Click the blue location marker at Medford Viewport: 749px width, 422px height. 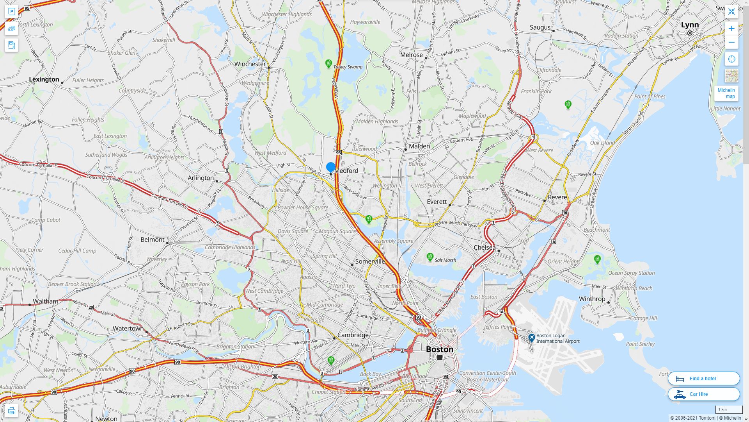point(331,167)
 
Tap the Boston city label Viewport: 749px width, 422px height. point(440,349)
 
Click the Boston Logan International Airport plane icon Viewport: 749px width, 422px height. point(531,337)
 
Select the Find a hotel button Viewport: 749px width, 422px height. point(703,378)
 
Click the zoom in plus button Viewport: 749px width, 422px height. point(731,29)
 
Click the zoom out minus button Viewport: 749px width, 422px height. point(731,42)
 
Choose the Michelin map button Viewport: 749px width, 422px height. point(726,93)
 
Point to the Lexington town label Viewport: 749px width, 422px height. point(44,80)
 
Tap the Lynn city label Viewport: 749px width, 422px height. point(690,25)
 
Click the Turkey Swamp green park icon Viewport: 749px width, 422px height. point(328,63)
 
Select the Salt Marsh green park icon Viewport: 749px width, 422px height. point(430,257)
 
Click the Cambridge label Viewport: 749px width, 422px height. point(353,335)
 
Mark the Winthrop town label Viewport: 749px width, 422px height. point(592,299)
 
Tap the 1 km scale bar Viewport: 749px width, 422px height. point(729,409)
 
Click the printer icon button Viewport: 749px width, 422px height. point(11,411)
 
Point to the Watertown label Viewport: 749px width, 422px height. point(128,329)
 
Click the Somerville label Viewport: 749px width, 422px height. point(370,261)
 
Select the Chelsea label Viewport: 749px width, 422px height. point(485,247)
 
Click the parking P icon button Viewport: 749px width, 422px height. point(11,12)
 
